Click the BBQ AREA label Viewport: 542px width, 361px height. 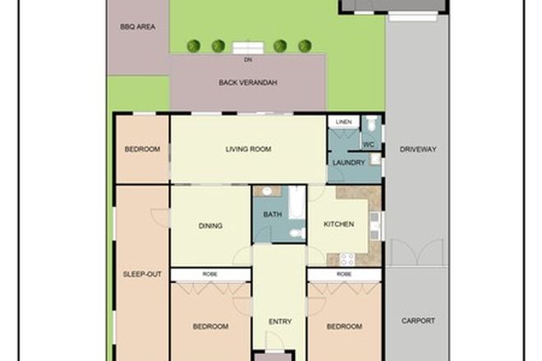point(138,26)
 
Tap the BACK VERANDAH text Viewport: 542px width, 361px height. point(248,83)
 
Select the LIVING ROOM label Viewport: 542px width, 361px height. point(248,149)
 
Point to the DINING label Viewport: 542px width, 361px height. point(210,227)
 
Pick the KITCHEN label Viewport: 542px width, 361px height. point(338,223)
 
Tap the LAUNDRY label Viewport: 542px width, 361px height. point(347,162)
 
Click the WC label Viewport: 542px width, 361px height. point(369,145)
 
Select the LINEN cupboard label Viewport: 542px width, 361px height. point(344,122)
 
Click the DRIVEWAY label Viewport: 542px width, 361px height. point(418,149)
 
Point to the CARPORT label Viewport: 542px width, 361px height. point(418,321)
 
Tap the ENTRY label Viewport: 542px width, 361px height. point(279,321)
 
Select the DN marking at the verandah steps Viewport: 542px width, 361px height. point(247,60)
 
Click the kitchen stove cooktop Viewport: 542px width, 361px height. point(347,258)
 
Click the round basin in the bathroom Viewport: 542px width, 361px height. point(265,191)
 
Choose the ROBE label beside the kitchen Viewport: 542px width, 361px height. point(344,273)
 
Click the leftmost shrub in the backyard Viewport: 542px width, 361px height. point(194,46)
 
